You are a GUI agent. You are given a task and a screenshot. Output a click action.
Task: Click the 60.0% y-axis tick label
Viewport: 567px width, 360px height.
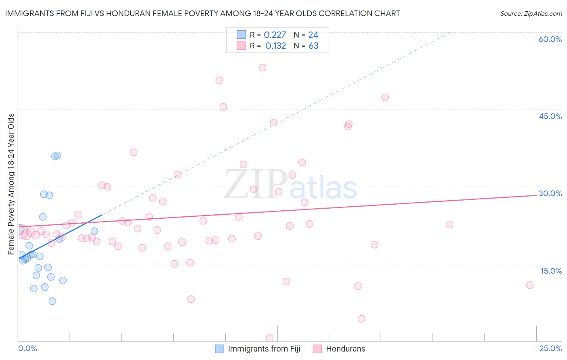(550, 39)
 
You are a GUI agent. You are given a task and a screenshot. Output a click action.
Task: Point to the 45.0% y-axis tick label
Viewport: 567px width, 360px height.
(550, 116)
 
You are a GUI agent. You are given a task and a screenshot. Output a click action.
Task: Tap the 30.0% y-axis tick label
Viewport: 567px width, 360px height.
(550, 193)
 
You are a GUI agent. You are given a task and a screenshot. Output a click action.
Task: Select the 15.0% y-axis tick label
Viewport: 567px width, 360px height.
(551, 270)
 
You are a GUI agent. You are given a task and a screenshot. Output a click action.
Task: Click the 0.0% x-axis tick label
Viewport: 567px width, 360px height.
(27, 348)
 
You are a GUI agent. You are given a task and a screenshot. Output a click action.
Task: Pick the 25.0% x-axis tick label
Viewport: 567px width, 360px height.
(550, 348)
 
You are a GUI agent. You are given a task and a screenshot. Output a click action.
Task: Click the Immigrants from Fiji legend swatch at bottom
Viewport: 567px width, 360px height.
(219, 349)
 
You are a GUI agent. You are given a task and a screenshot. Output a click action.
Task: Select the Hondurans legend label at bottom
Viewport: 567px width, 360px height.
(345, 349)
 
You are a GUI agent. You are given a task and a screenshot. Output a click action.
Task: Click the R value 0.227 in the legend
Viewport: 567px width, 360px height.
(275, 35)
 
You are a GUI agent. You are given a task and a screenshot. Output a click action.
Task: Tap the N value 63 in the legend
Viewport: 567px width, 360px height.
(313, 46)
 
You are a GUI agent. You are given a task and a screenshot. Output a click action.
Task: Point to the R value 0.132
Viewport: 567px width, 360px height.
(275, 46)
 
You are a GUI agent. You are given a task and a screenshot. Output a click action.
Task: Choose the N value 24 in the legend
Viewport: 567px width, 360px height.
(313, 35)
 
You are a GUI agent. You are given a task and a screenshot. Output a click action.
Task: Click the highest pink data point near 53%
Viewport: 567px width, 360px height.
(263, 67)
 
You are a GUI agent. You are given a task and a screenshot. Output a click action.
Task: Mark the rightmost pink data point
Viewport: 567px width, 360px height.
(529, 285)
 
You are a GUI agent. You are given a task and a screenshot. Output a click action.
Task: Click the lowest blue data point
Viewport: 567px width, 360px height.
(52, 301)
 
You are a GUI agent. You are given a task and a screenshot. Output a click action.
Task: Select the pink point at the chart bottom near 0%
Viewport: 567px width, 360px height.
(270, 338)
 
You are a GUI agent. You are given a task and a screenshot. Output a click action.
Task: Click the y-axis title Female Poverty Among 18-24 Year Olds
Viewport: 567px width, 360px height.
(11, 184)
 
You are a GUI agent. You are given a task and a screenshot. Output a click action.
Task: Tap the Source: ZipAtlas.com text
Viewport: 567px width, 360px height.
(531, 14)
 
